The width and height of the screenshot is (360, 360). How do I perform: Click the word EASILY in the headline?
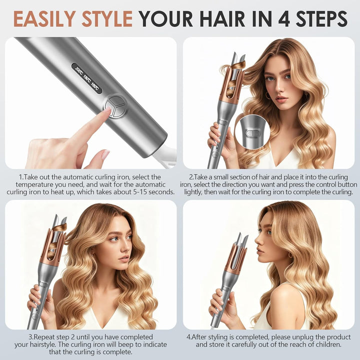click(44, 18)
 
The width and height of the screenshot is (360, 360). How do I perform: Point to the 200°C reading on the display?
click(79, 71)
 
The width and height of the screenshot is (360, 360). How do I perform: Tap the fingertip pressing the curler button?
click(107, 109)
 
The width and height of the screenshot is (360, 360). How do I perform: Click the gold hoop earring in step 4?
click(290, 255)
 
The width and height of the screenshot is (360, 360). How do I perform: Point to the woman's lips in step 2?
click(281, 99)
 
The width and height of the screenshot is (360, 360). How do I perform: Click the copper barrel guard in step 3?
click(52, 247)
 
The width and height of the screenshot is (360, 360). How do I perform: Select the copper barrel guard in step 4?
click(235, 257)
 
